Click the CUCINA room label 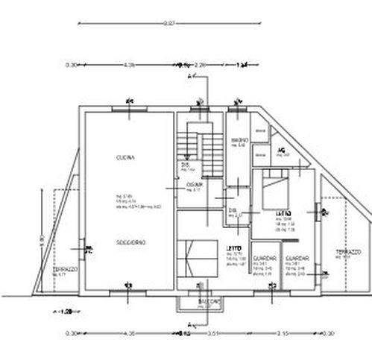[124, 157]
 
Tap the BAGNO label [239, 140]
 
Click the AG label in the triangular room [282, 150]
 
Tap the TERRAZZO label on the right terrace [347, 252]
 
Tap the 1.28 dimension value [65, 312]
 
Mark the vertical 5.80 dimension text [42, 240]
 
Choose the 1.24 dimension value [242, 65]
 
